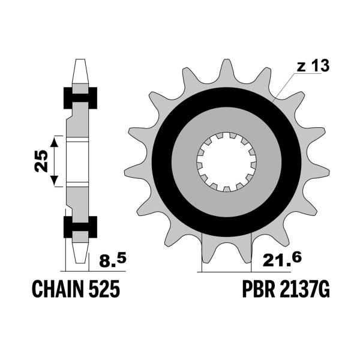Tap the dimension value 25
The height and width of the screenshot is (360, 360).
coord(41,160)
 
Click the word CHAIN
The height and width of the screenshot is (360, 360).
coord(55,290)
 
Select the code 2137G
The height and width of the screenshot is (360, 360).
coord(305,290)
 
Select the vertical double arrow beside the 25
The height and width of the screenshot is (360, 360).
coord(55,161)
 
